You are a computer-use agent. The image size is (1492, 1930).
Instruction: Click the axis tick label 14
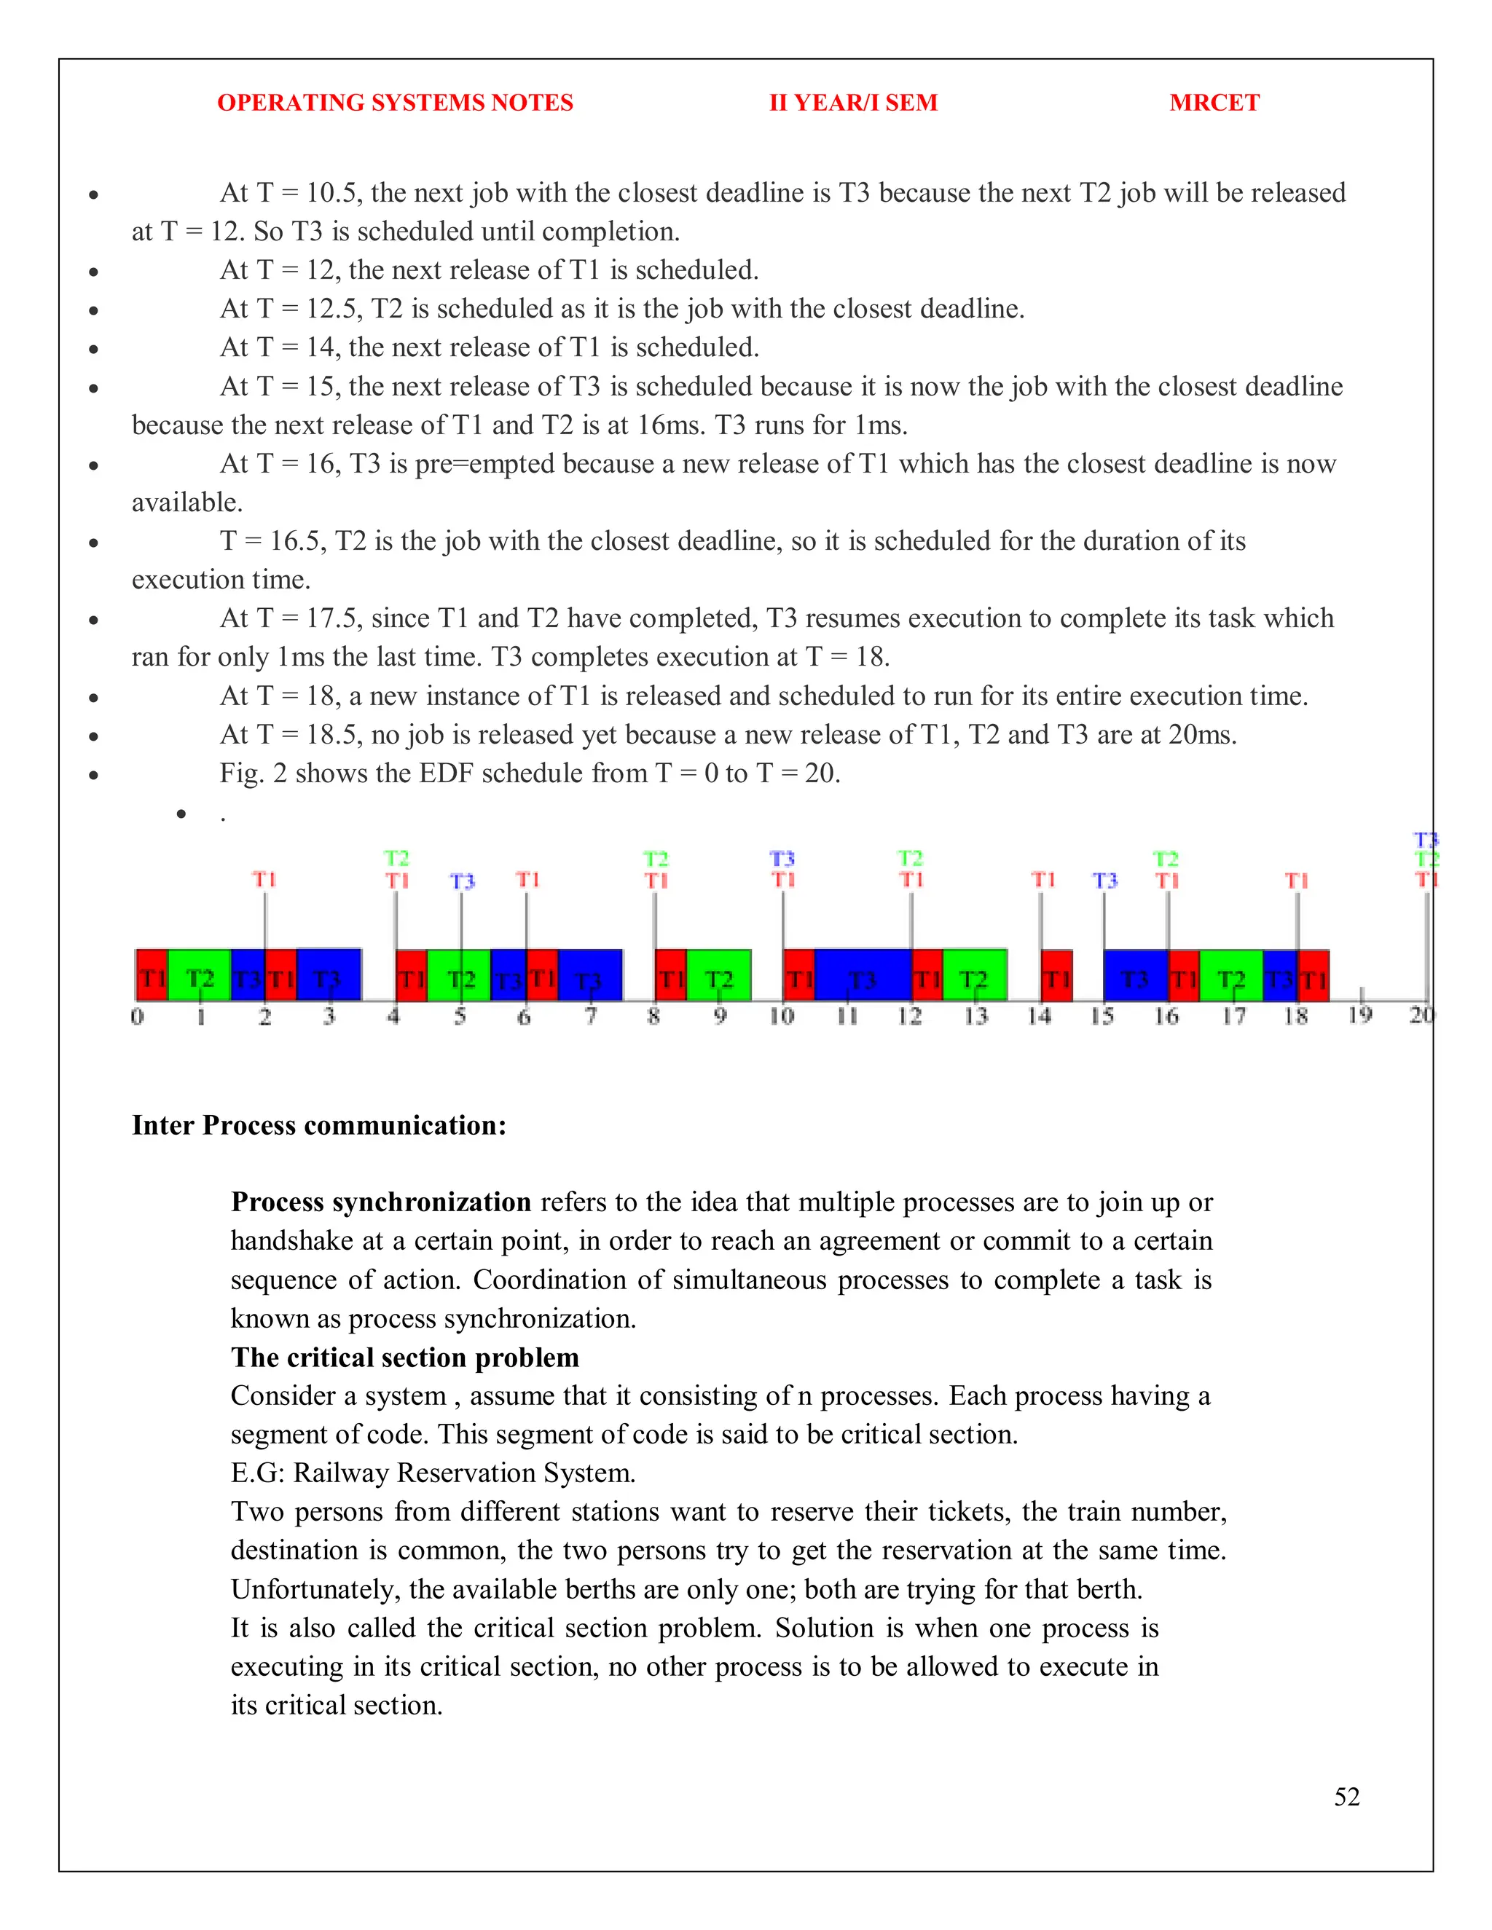pyautogui.click(x=1039, y=1016)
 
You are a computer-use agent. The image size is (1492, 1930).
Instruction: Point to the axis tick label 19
pyautogui.click(x=1359, y=1015)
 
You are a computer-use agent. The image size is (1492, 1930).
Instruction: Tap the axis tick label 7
pyautogui.click(x=590, y=1016)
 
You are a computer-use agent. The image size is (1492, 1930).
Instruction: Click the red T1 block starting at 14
pyautogui.click(x=1057, y=977)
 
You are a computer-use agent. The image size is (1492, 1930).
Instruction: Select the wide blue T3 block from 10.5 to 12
pyautogui.click(x=863, y=977)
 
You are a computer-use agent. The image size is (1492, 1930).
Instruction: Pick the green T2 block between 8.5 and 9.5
pyautogui.click(x=718, y=977)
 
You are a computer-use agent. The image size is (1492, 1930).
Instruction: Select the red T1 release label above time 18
pyautogui.click(x=1296, y=881)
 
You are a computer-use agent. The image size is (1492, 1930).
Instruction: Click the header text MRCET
pyautogui.click(x=1214, y=103)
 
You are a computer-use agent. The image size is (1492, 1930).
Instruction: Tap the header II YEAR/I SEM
pyautogui.click(x=853, y=103)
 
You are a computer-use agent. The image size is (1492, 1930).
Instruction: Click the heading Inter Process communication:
pyautogui.click(x=319, y=1125)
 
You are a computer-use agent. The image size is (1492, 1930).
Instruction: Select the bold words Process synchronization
pyautogui.click(x=381, y=1202)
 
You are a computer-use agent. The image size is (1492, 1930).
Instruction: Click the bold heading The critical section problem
pyautogui.click(x=405, y=1357)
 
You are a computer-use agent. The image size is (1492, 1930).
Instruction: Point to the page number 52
pyautogui.click(x=1346, y=1797)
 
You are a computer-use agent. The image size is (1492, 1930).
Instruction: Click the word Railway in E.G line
pyautogui.click(x=341, y=1473)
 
